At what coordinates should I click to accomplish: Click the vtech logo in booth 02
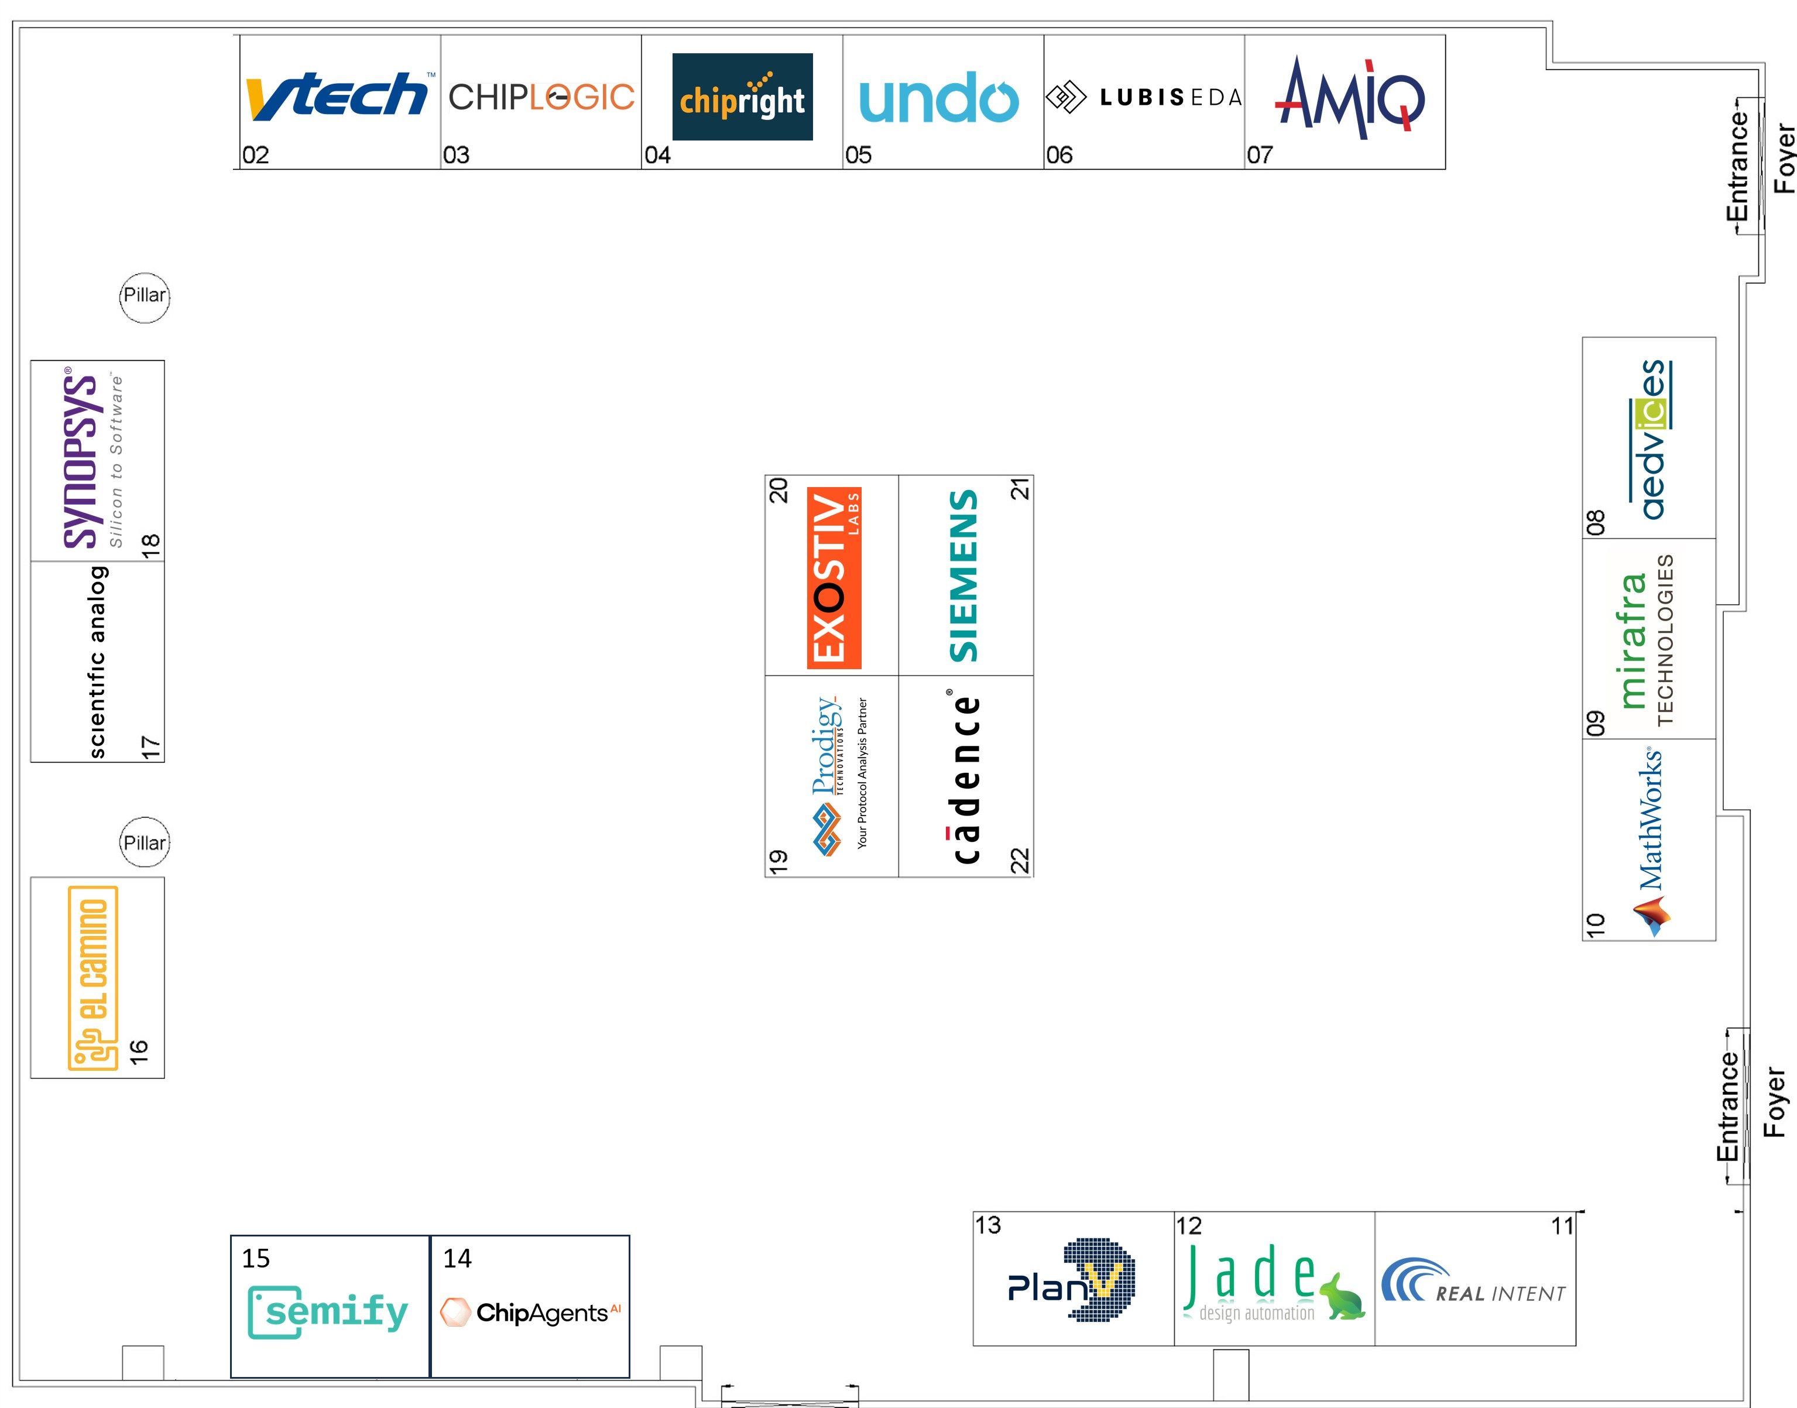point(338,95)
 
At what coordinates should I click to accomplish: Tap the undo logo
point(939,97)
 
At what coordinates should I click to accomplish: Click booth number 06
point(1059,155)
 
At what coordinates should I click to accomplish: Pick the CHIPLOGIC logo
point(541,97)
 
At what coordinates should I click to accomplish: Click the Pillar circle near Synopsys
point(144,297)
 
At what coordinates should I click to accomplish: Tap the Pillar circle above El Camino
point(144,842)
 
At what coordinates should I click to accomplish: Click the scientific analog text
point(97,662)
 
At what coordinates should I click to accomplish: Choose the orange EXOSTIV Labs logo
point(834,577)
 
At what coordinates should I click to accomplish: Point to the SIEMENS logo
point(963,576)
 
